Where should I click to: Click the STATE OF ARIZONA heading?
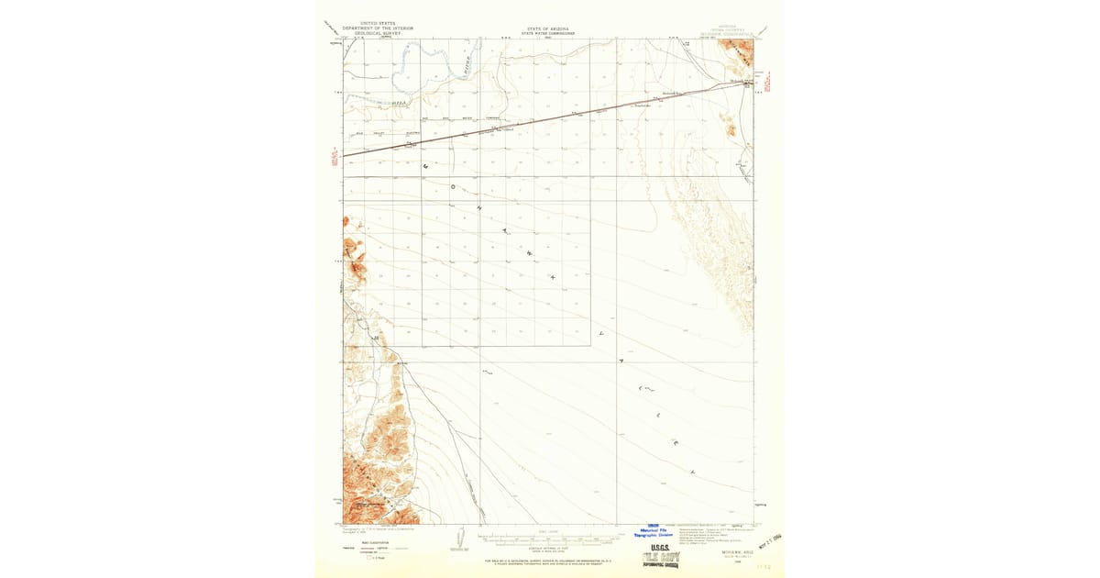(x=547, y=28)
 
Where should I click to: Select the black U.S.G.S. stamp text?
(x=660, y=548)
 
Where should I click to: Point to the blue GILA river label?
(x=398, y=103)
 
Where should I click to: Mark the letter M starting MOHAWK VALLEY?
(x=425, y=167)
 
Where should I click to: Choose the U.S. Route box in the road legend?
(x=370, y=557)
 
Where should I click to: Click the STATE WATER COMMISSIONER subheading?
(x=547, y=33)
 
